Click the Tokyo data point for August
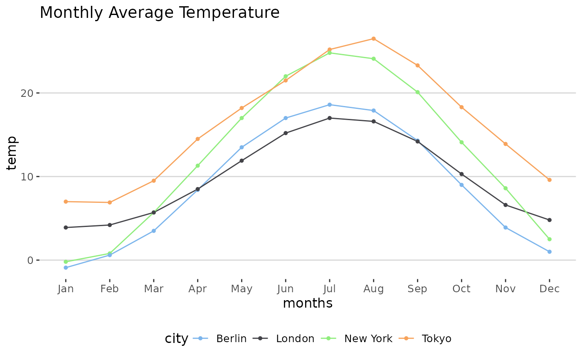373,39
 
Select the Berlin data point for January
66,268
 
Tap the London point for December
549,220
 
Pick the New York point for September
417,92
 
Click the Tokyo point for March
154,181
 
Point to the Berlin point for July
330,105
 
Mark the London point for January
66,227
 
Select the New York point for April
197,165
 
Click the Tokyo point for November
506,144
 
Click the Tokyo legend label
436,339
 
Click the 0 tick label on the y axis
30,261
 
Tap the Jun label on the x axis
286,289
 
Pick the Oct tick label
461,289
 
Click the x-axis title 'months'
308,304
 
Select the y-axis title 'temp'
12,153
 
